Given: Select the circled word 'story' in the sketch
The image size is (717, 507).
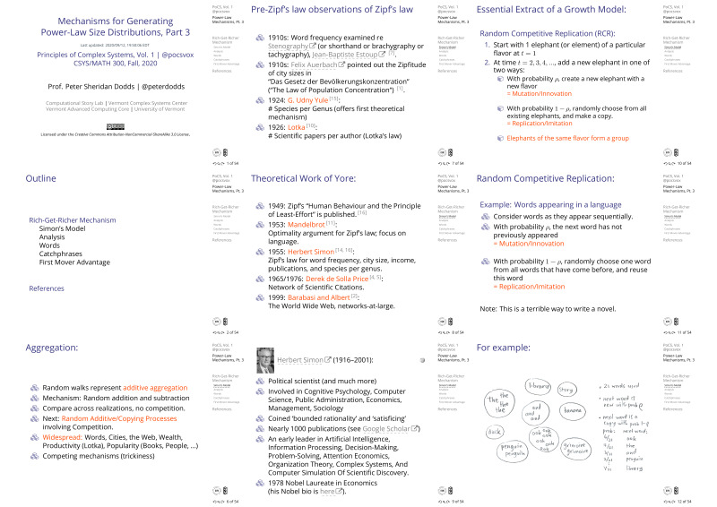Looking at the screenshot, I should (x=566, y=391).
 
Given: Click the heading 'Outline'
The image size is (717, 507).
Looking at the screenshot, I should (x=29, y=178).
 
